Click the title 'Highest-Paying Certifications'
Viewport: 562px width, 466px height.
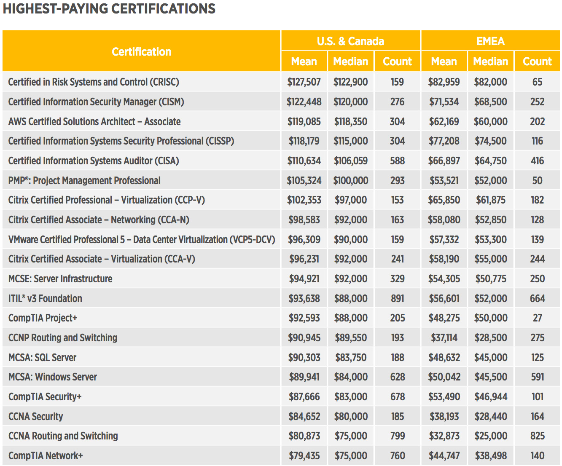point(109,9)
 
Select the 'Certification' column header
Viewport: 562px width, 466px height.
point(142,52)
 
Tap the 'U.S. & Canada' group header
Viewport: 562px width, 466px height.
point(350,41)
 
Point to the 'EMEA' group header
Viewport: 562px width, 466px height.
point(490,41)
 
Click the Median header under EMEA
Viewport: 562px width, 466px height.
point(490,62)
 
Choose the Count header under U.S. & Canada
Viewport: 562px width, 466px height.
point(397,62)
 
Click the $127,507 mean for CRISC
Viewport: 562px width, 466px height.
point(304,82)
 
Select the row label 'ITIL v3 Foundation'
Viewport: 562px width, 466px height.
point(45,299)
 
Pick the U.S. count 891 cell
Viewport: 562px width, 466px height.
point(397,299)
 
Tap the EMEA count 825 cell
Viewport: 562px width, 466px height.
point(537,436)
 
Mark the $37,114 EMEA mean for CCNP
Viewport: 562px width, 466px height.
point(444,338)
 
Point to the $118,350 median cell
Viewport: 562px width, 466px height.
point(350,122)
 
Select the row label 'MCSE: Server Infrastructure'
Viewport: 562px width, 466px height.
point(60,279)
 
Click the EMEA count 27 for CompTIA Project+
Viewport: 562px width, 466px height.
point(537,318)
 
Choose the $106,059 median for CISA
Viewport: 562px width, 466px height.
point(350,161)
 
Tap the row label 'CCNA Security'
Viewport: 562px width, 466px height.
point(35,417)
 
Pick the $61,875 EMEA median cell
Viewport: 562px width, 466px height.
point(490,200)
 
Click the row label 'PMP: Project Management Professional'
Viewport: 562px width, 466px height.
point(84,181)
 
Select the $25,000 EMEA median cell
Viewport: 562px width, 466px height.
point(490,436)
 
